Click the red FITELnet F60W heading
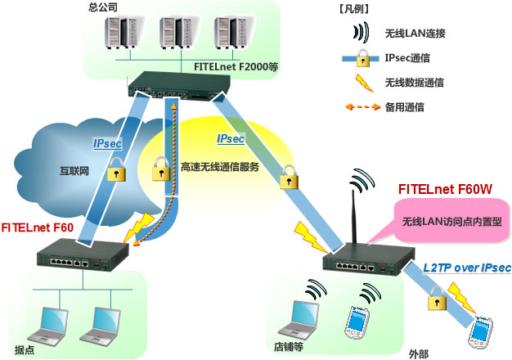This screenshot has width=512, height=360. [x=445, y=189]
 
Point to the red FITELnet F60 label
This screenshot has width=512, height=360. [x=41, y=227]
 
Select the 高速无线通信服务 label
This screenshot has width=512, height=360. [x=218, y=167]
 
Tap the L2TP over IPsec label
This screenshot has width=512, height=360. [x=467, y=268]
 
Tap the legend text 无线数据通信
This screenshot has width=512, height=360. [x=415, y=83]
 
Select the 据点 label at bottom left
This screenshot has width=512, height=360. [x=23, y=348]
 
